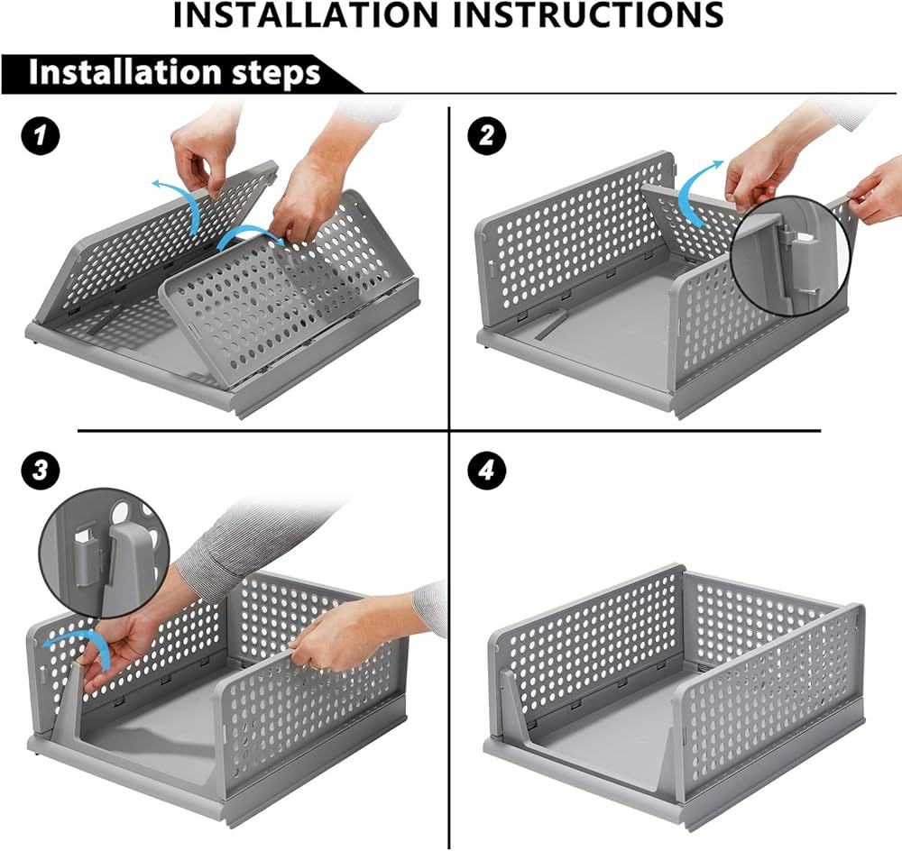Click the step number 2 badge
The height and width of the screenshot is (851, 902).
(487, 137)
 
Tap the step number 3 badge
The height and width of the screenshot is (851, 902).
(40, 470)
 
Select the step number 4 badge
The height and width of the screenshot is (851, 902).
(487, 471)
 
